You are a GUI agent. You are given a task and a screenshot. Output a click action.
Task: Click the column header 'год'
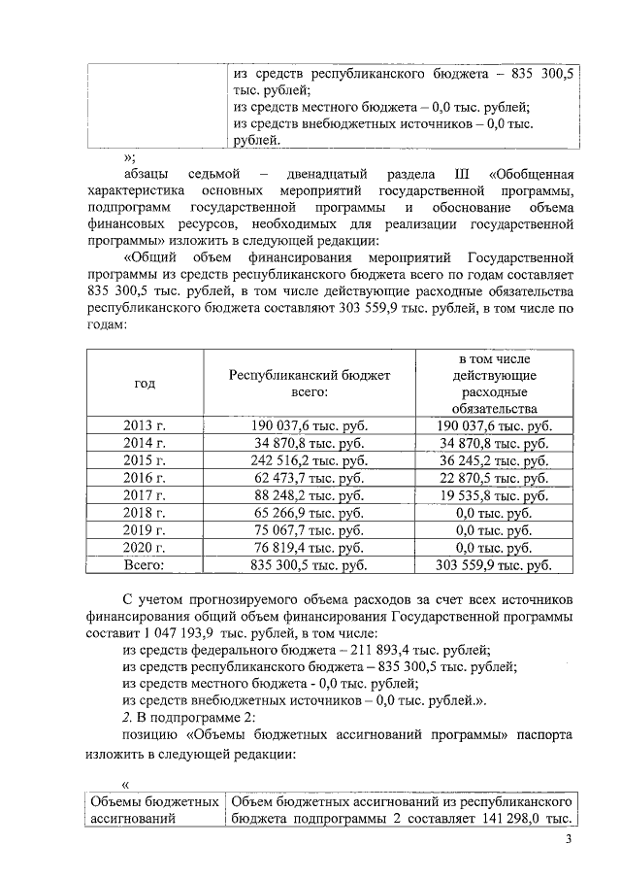point(145,384)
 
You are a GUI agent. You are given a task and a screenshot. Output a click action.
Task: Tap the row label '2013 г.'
point(145,425)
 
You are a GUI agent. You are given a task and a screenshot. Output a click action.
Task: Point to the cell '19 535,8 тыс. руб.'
point(493,495)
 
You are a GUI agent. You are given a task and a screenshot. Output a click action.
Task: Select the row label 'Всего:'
point(145,564)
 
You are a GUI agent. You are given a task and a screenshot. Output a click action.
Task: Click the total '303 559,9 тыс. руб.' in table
point(493,564)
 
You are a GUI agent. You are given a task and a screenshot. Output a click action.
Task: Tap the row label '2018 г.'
point(145,513)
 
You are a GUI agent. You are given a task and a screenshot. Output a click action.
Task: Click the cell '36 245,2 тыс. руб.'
point(493,460)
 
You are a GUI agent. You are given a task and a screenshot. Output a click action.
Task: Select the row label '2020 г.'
point(145,547)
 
